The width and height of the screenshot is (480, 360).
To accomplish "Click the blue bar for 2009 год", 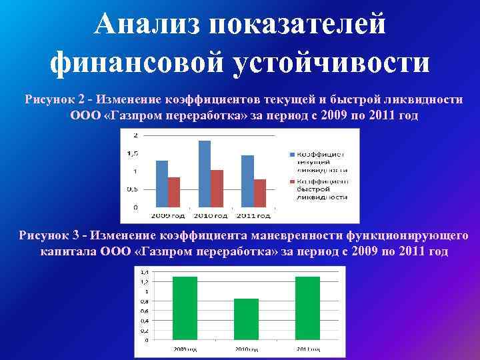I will [161, 184].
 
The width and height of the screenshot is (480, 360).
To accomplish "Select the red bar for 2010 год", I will [217, 189].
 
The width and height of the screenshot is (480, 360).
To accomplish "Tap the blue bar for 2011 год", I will [247, 181].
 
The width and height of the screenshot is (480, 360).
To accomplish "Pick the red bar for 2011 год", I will [260, 193].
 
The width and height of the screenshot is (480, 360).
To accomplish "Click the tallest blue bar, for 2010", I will [204, 174].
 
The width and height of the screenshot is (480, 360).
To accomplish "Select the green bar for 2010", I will [246, 321].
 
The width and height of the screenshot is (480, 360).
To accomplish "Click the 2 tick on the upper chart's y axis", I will [135, 135].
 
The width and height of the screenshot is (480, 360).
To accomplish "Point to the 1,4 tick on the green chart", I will [144, 272].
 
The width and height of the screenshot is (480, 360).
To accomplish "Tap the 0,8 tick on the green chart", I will [144, 301].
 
